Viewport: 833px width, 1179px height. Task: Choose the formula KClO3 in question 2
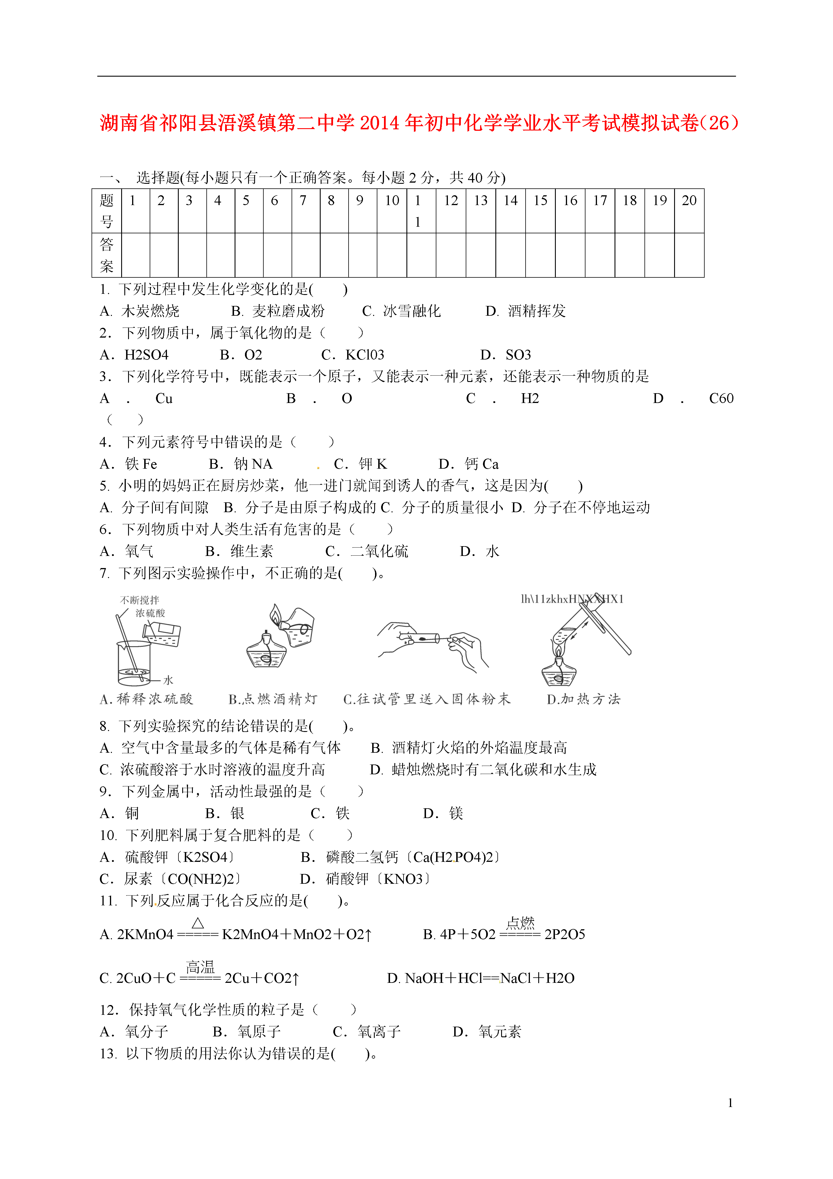364,355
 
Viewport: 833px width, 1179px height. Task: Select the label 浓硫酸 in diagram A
150,613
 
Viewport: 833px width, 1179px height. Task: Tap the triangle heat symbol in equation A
198,923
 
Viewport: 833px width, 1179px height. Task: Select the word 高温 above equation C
200,968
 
